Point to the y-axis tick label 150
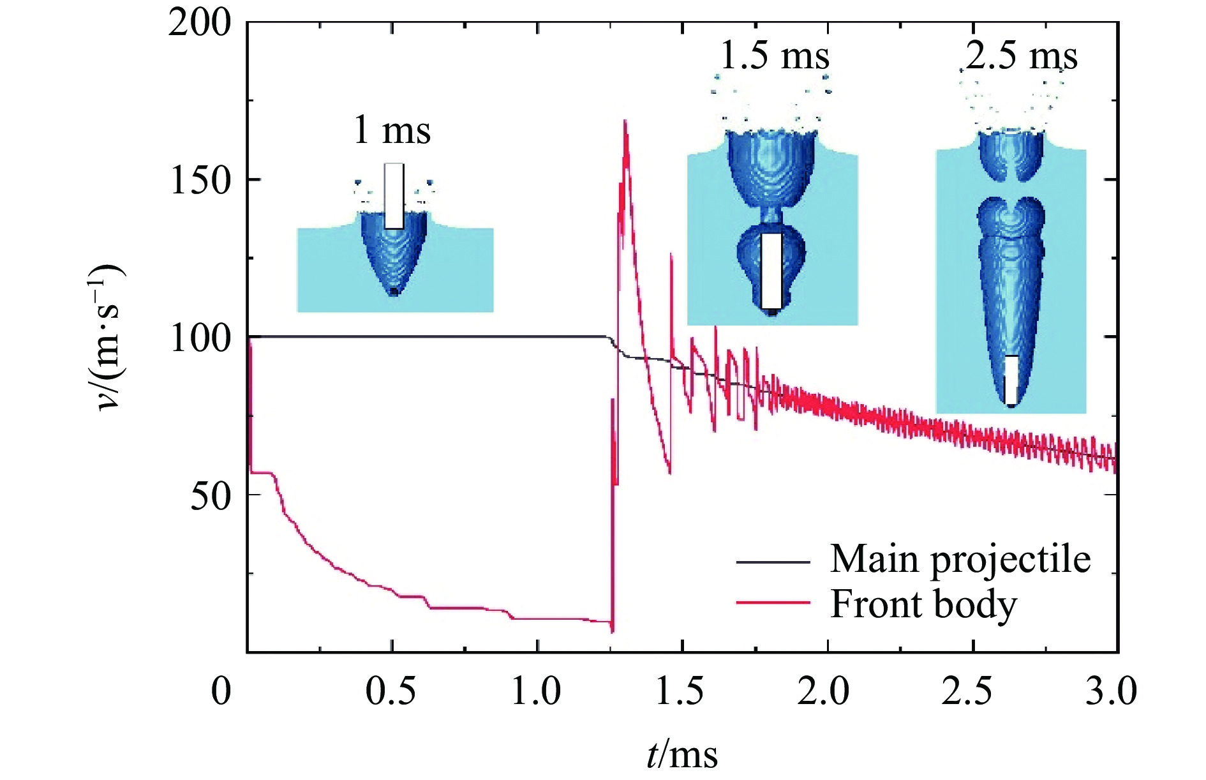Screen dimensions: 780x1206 (x=199, y=181)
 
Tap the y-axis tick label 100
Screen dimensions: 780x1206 (x=199, y=338)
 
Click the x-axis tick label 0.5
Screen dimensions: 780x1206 (x=391, y=691)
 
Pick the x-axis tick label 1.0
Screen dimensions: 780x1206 (x=536, y=691)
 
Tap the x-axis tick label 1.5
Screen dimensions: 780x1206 (x=681, y=691)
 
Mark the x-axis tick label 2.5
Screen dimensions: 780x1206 (x=968, y=691)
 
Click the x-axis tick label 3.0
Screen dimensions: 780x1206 (x=1111, y=691)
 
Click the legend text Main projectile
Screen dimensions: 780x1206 (x=960, y=559)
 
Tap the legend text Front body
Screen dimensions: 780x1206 (x=923, y=603)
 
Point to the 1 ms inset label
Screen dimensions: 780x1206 (x=392, y=130)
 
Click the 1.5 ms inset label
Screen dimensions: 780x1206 (x=774, y=56)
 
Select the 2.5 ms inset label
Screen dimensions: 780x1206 (x=1021, y=56)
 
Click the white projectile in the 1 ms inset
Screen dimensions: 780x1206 (x=394, y=196)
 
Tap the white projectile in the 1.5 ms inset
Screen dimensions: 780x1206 (x=771, y=271)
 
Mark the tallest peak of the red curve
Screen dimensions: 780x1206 (x=625, y=121)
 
